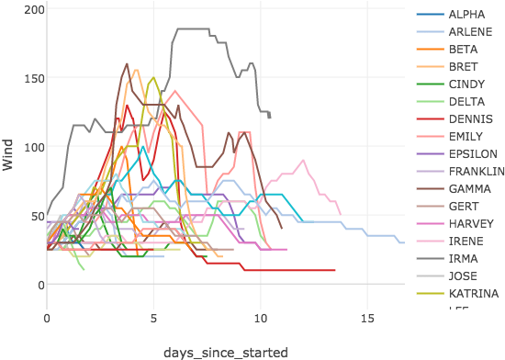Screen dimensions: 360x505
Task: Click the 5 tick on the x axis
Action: pos(153,317)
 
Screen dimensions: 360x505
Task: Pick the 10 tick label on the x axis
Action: pos(260,317)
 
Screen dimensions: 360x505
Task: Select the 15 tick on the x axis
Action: pos(367,317)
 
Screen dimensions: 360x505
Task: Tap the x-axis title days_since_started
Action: pos(225,352)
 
